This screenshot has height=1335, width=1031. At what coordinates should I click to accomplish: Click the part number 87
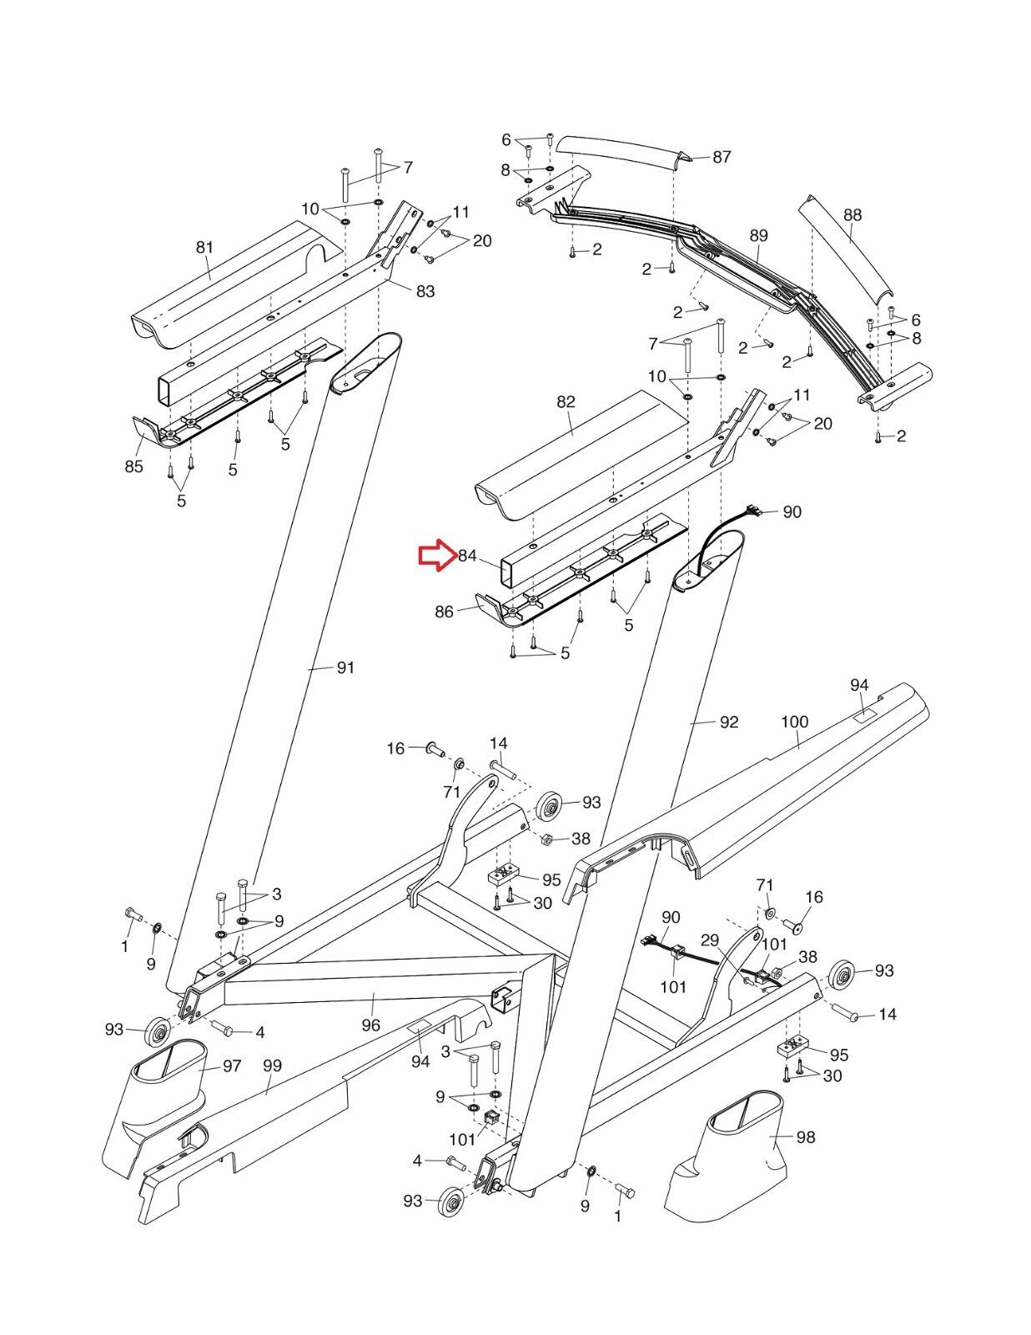(x=721, y=157)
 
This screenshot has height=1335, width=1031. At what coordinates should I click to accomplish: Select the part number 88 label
(x=852, y=214)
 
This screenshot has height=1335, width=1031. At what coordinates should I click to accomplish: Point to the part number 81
(x=204, y=247)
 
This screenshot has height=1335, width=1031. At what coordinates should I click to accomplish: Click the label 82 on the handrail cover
(x=566, y=401)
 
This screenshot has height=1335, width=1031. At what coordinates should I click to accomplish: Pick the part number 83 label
(x=425, y=290)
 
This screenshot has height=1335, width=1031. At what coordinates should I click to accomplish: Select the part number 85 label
(x=133, y=466)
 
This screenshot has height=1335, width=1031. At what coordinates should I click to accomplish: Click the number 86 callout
(x=444, y=612)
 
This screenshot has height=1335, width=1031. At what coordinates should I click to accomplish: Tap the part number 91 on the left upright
(x=345, y=667)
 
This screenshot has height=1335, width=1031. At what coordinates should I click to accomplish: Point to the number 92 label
(x=728, y=722)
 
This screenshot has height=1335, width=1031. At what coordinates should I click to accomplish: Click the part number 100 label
(x=795, y=722)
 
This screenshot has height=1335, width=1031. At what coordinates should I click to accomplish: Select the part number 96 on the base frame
(x=370, y=1025)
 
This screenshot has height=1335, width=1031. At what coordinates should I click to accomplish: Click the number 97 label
(x=231, y=1065)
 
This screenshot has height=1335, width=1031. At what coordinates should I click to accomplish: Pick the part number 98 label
(x=805, y=1137)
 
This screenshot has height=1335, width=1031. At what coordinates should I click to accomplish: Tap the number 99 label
(x=272, y=1065)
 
